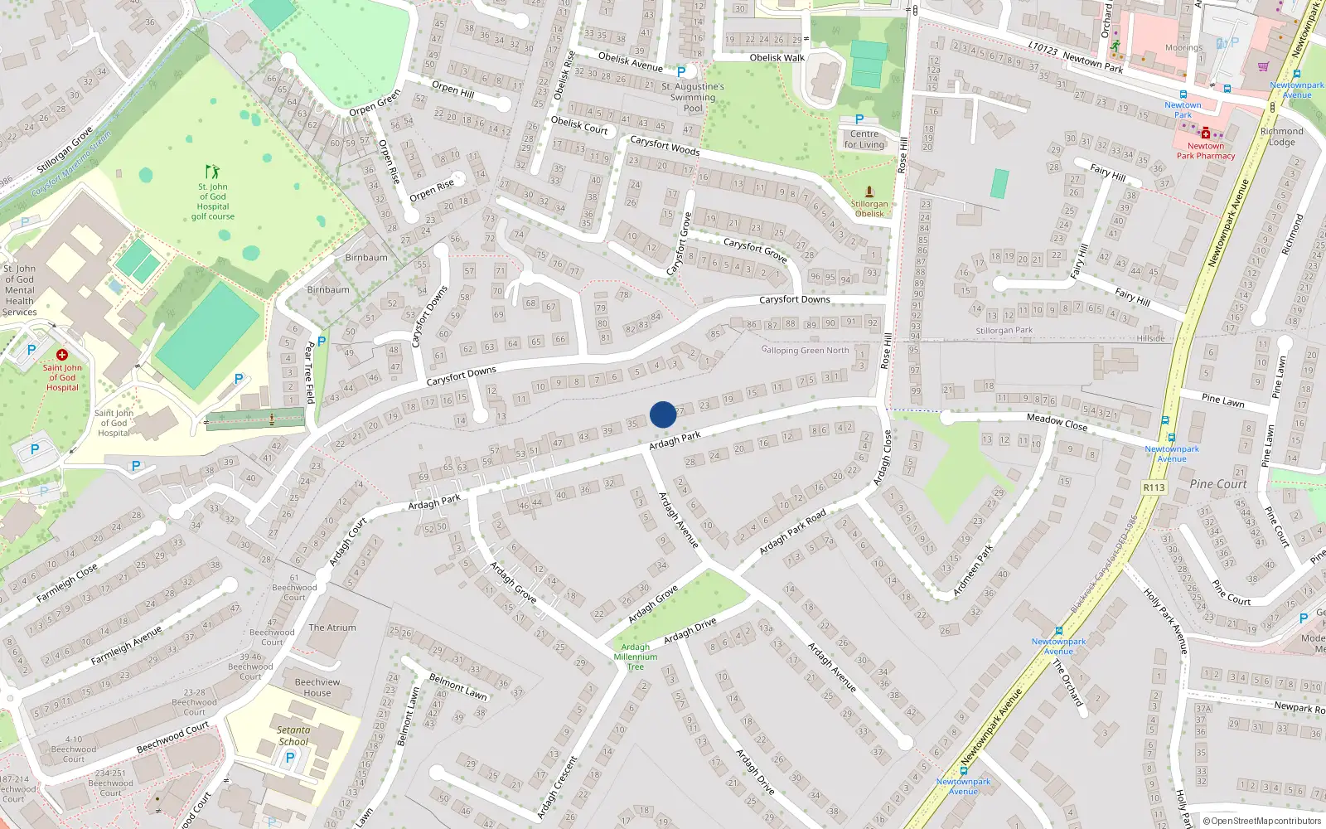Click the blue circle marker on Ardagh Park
(663, 414)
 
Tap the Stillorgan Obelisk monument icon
(869, 191)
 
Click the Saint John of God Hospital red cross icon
(61, 355)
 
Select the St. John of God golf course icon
(213, 172)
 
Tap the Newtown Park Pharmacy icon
(1206, 133)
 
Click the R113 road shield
(1154, 487)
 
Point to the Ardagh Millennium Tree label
(636, 657)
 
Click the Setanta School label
(293, 736)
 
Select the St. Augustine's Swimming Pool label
(693, 97)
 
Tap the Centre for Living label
(864, 139)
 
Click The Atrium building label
(332, 628)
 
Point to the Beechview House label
(317, 687)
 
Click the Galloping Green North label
(805, 351)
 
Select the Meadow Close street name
(1057, 422)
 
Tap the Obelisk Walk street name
(777, 58)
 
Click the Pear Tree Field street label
(310, 372)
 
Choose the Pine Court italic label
(1218, 484)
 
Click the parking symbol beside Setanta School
(290, 757)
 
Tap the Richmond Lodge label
(1281, 137)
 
